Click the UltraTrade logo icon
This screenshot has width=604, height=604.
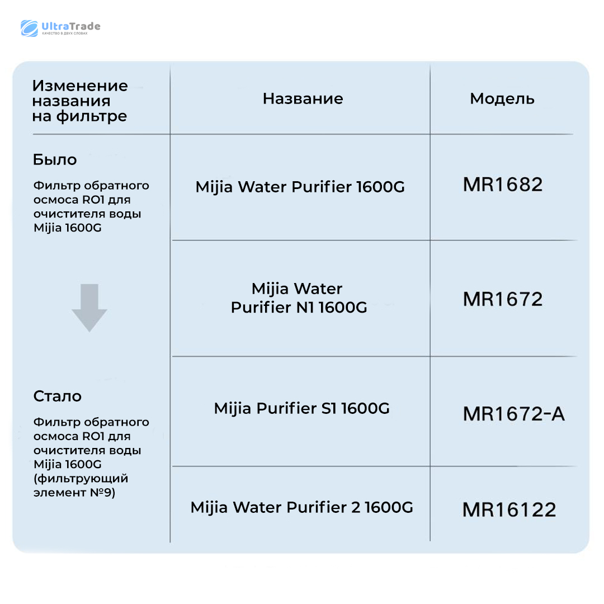(29, 28)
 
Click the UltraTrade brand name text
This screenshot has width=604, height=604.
(71, 26)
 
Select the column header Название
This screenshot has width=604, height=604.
(303, 99)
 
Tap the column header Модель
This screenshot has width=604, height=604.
(502, 99)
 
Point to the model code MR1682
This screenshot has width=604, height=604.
(503, 185)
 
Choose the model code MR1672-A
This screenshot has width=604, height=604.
(513, 414)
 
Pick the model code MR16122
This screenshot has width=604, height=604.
(509, 509)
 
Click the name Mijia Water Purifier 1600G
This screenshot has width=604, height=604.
(300, 187)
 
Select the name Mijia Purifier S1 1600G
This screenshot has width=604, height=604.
(301, 408)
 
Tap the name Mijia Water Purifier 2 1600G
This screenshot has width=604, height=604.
(301, 507)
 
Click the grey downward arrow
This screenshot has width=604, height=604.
(89, 307)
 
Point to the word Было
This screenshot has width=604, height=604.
(55, 160)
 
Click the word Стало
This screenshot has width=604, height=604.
(58, 397)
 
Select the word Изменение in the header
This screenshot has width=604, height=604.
(80, 86)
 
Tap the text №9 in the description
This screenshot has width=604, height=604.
(103, 493)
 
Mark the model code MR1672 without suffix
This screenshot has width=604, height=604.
(503, 299)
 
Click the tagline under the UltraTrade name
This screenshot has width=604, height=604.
(65, 34)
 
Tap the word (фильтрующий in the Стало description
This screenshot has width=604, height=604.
(81, 479)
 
